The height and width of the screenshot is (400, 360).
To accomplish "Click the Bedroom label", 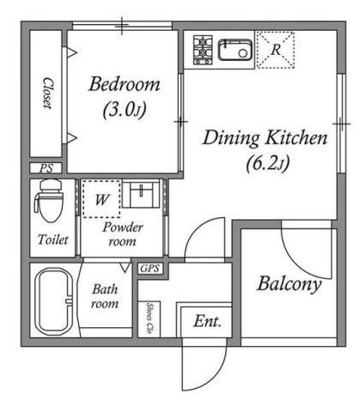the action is click(x=125, y=84).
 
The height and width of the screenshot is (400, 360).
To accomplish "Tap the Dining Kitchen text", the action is click(x=265, y=138).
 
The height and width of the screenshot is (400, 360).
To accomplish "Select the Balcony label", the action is click(x=289, y=284).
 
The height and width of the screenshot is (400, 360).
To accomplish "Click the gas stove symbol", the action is click(x=203, y=50).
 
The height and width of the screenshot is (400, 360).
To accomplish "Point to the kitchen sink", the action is click(x=235, y=50).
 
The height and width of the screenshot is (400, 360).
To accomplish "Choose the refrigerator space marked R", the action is click(x=276, y=50).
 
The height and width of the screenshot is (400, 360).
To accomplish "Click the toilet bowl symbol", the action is click(x=49, y=200).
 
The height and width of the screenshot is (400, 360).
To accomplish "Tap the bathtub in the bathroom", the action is click(x=54, y=301).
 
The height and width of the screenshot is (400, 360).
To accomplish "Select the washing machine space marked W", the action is click(x=101, y=199).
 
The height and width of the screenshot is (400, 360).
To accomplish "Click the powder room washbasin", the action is click(x=141, y=193).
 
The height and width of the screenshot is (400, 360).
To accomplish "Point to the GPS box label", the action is click(x=149, y=269).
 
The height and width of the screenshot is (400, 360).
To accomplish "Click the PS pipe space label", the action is click(x=46, y=168).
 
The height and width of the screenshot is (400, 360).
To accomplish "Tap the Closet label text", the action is click(x=48, y=93).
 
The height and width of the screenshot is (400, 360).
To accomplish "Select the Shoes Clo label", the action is click(x=149, y=318).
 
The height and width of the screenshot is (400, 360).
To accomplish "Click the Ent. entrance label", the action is click(x=207, y=321).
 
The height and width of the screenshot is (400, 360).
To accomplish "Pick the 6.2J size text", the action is click(x=268, y=163).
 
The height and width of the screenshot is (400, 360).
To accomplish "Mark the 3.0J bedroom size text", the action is click(x=125, y=109).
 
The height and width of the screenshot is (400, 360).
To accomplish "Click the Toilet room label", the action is click(x=53, y=239).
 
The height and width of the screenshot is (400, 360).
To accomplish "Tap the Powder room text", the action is click(x=123, y=234).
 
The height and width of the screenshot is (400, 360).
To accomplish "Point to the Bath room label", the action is click(x=105, y=296).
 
